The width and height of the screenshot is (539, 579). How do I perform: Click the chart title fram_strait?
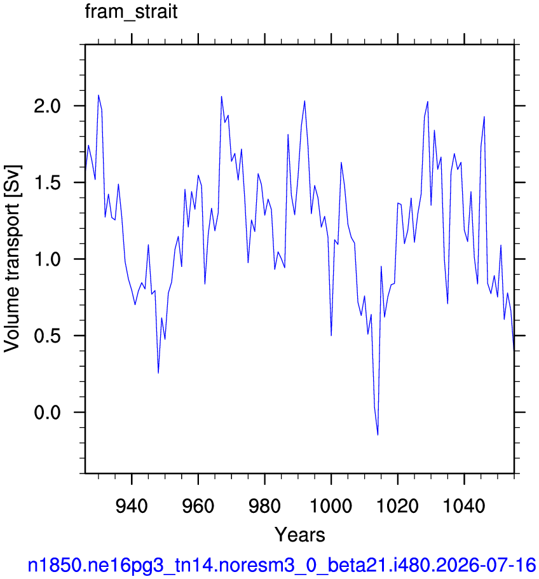(x=131, y=12)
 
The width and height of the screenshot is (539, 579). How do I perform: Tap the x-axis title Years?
(x=299, y=535)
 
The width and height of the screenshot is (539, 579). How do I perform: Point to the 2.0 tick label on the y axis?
(x=47, y=106)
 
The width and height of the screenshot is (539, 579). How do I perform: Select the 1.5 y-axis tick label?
(x=47, y=183)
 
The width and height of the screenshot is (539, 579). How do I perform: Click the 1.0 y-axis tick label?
(x=47, y=259)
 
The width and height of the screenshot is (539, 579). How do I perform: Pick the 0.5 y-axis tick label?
(x=47, y=336)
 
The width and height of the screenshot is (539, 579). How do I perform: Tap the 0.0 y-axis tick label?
(x=47, y=412)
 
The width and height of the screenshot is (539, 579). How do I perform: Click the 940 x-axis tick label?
(x=132, y=505)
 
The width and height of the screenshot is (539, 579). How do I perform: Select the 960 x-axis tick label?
(x=198, y=505)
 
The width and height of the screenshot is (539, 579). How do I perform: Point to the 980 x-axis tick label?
(x=264, y=505)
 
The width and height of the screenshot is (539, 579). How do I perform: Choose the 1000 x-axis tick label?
(x=331, y=505)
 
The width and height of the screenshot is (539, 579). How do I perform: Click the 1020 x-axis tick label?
(x=398, y=505)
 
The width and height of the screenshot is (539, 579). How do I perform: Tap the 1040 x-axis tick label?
(x=464, y=505)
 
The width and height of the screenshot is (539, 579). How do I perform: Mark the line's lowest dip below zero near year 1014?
(x=378, y=435)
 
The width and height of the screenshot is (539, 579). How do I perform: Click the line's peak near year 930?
(x=98, y=95)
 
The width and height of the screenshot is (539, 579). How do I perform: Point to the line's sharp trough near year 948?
(x=158, y=373)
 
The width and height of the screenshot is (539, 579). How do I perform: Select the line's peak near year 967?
(x=221, y=97)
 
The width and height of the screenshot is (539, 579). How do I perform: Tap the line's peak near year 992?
(x=304, y=101)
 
